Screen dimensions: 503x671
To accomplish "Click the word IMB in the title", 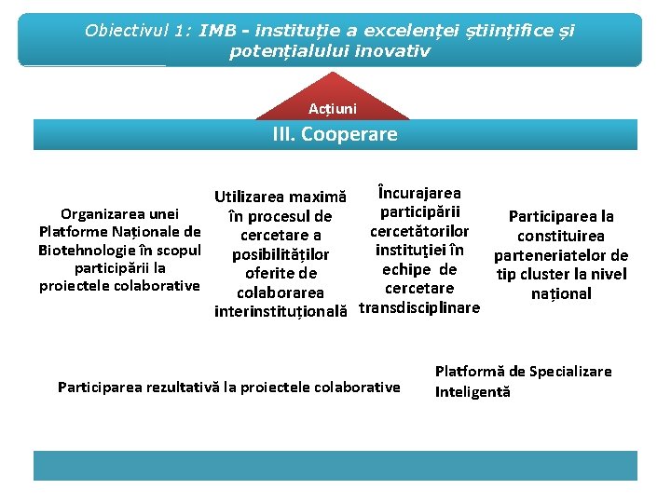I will [217, 31].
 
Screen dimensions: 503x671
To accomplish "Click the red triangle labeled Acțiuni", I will [333, 108].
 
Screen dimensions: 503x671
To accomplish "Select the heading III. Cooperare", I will [335, 134].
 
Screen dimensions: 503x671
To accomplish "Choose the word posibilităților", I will [281, 254].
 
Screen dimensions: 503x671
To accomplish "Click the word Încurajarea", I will [418, 193].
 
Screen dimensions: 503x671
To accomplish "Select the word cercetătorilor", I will [419, 231].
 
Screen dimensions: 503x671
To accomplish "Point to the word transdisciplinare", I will [419, 308].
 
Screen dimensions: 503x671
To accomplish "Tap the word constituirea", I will [561, 236].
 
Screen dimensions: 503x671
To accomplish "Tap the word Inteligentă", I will [472, 392].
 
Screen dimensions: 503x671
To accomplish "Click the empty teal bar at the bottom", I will [335, 466].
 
